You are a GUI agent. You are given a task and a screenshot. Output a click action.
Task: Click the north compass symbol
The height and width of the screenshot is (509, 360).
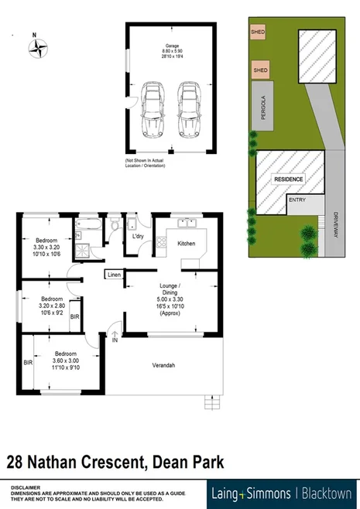[37, 49]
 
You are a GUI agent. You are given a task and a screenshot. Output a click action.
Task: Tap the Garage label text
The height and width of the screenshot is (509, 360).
[171, 46]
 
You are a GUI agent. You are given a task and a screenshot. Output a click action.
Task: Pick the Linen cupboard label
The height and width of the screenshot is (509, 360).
[114, 275]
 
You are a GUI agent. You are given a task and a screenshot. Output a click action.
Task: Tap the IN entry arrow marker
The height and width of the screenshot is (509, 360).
[115, 338]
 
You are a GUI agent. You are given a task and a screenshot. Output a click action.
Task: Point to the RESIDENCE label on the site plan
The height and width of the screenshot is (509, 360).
[287, 179]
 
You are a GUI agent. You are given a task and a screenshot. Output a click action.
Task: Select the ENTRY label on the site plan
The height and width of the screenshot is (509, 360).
[297, 200]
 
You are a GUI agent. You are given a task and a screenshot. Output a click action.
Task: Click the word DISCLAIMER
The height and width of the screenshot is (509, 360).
[26, 484]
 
